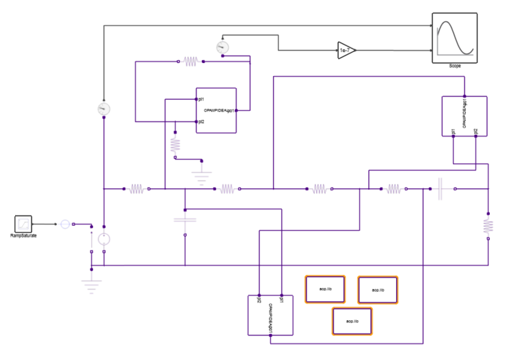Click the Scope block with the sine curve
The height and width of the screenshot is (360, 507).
click(454, 37)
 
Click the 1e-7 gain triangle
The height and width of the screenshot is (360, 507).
click(346, 50)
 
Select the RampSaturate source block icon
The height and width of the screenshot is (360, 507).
click(25, 223)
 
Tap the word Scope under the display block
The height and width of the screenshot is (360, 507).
click(454, 66)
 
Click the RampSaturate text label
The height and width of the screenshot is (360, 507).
click(23, 235)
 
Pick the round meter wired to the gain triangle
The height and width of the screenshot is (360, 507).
click(221, 47)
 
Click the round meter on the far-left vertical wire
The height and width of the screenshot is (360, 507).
click(103, 108)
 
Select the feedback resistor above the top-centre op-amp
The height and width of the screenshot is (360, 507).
click(190, 62)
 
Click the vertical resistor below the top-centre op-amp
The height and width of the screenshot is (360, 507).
click(175, 144)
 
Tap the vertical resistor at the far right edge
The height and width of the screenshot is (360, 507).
click(488, 225)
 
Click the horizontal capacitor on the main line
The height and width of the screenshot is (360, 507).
click(441, 188)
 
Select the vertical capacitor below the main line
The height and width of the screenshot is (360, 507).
click(185, 220)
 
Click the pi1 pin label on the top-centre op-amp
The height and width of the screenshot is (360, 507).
click(201, 100)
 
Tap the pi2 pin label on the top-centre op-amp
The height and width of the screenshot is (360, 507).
click(201, 122)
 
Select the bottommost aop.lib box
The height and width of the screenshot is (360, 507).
click(352, 321)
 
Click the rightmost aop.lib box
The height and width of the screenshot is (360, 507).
click(377, 290)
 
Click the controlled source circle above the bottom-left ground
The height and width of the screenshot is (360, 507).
click(103, 239)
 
